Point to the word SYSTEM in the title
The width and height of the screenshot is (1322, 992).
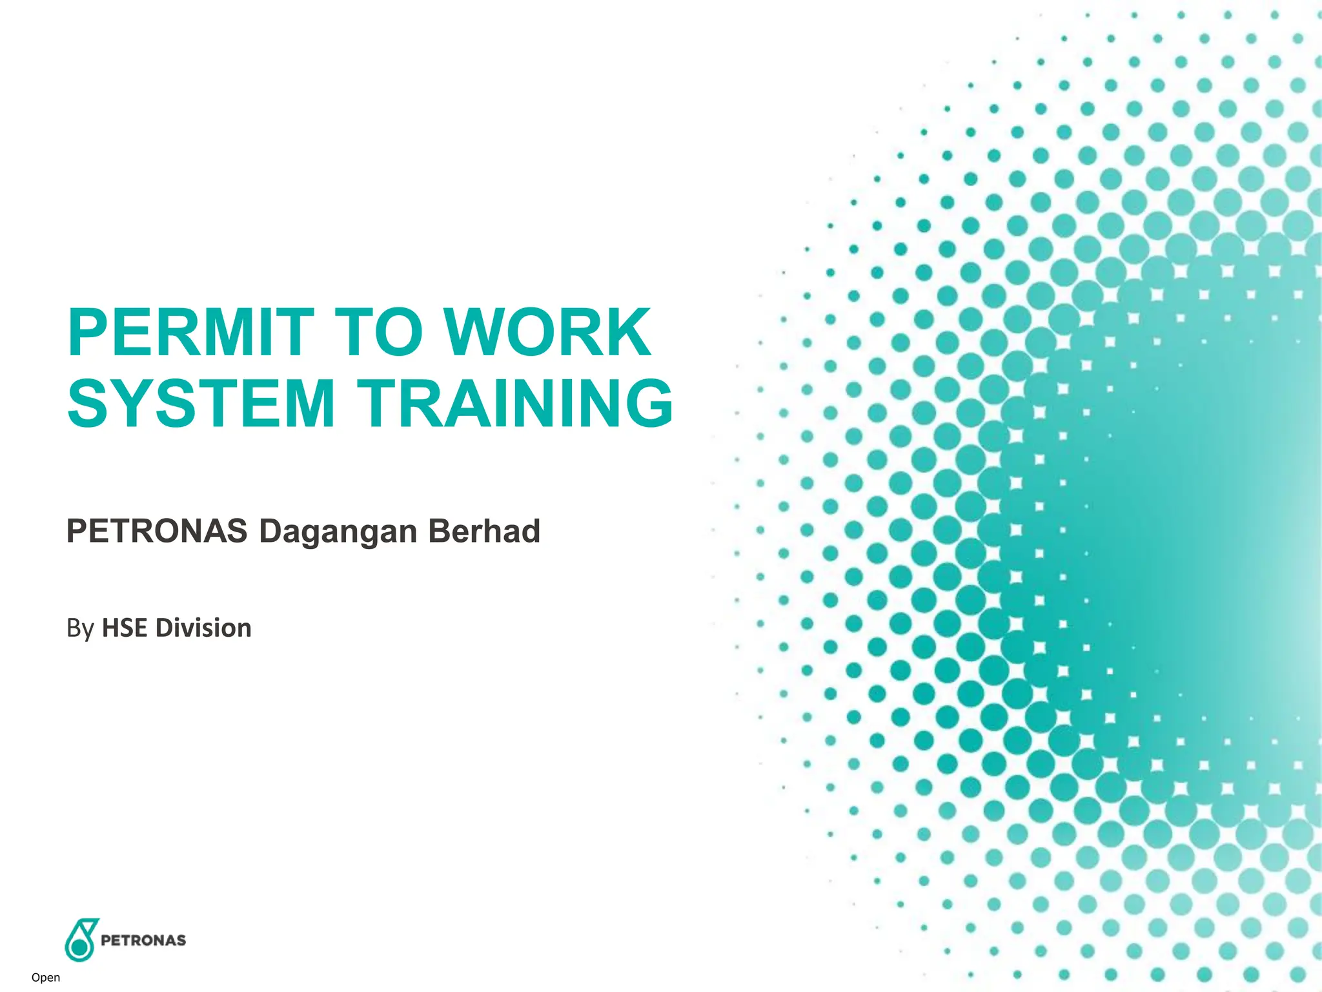tap(201, 404)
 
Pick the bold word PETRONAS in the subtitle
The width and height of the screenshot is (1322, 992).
tap(157, 531)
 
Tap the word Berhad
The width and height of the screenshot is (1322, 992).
tap(483, 531)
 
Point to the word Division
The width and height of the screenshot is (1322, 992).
tap(203, 628)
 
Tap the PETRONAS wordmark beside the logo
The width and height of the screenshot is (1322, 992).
tap(143, 940)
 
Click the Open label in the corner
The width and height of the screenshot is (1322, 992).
tap(46, 978)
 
